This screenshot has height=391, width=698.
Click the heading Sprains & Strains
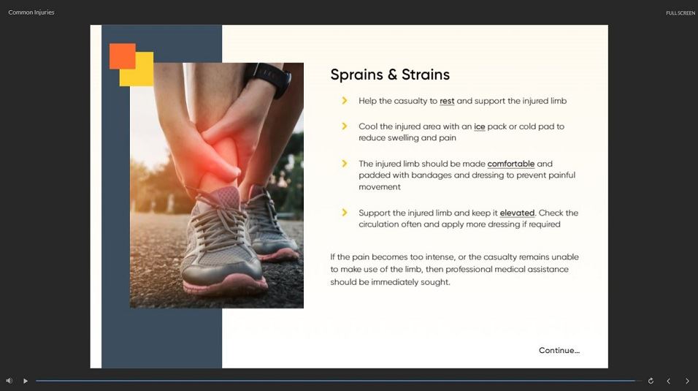(x=390, y=75)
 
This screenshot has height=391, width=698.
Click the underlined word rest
(x=447, y=101)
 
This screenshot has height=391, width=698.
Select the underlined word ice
(x=480, y=126)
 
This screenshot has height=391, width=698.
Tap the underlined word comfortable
(x=511, y=164)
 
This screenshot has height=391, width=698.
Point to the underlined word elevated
(x=517, y=213)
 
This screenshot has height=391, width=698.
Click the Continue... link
(x=559, y=350)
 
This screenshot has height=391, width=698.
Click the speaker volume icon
(x=9, y=381)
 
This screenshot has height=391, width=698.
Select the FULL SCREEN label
(x=680, y=13)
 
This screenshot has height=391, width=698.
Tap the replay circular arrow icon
(x=651, y=381)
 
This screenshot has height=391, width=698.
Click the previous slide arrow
(x=668, y=381)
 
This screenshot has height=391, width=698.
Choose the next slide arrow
(x=687, y=381)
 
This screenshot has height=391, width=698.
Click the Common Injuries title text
(x=31, y=12)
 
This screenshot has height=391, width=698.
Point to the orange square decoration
(x=123, y=56)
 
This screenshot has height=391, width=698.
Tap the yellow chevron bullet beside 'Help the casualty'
(x=344, y=101)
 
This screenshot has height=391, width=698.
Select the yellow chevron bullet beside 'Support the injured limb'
(x=344, y=213)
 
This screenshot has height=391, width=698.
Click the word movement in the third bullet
(x=380, y=187)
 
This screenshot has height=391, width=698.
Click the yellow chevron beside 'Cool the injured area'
(x=344, y=126)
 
